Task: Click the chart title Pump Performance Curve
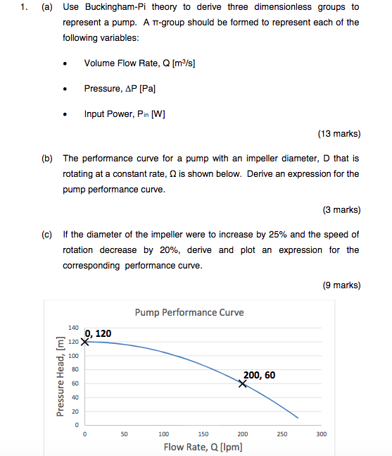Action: pos(189,312)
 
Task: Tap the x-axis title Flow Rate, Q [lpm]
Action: pos(203,447)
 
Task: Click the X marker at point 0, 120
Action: pos(85,342)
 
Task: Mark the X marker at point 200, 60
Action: pos(243,383)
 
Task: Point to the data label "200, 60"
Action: pos(259,375)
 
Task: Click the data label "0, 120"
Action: pos(98,333)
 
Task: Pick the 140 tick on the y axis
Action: pos(74,328)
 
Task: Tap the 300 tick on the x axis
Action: pos(321,434)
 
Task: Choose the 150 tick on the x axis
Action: pos(203,434)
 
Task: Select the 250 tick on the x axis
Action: pos(282,434)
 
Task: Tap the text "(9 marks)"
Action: pos(341,285)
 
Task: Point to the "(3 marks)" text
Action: pos(341,209)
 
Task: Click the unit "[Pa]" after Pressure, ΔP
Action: pos(146,89)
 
